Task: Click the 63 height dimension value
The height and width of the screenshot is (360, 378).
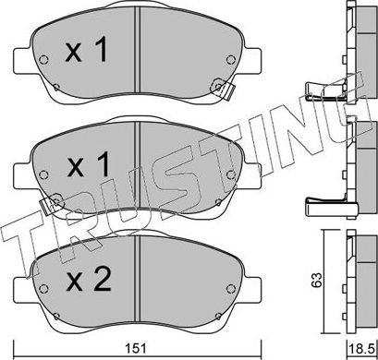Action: tap(316, 280)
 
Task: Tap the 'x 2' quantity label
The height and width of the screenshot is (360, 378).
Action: tap(89, 280)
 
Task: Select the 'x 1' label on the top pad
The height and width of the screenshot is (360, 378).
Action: tap(87, 50)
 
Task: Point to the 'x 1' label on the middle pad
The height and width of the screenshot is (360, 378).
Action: tap(88, 165)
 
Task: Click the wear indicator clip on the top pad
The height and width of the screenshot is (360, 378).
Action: tap(223, 89)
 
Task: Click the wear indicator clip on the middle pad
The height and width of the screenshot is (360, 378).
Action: tap(52, 204)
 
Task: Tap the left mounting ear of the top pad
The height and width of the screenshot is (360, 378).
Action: tap(23, 61)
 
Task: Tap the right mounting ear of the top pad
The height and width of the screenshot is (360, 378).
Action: tap(252, 61)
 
